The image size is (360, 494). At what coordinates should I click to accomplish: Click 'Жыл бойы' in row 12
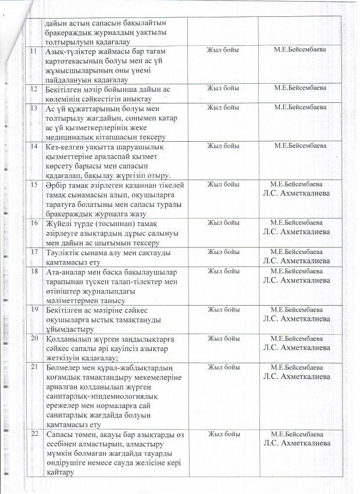coord(223,88)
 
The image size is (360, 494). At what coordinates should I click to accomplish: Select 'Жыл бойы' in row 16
coord(223,223)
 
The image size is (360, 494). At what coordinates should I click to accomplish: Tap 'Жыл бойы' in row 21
coord(223,367)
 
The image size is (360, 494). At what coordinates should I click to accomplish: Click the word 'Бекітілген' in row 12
coord(65,88)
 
